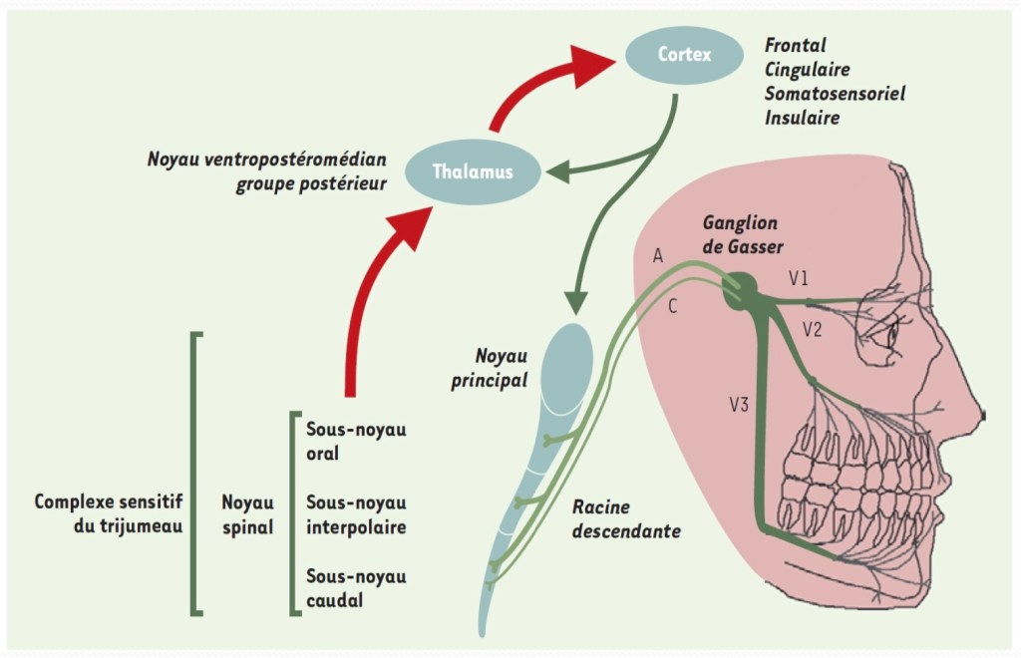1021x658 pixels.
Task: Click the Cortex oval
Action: (685, 55)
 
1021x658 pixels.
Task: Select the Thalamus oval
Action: (474, 171)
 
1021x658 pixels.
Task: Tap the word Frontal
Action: (795, 46)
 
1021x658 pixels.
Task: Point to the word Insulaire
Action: (802, 118)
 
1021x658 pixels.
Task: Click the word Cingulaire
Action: (808, 70)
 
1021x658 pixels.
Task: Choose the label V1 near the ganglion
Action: (799, 279)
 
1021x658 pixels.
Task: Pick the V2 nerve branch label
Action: (812, 330)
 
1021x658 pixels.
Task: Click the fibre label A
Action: (658, 256)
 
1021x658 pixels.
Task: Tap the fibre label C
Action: (673, 307)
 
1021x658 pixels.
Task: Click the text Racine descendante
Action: (625, 519)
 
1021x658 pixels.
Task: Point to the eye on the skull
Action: (890, 335)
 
